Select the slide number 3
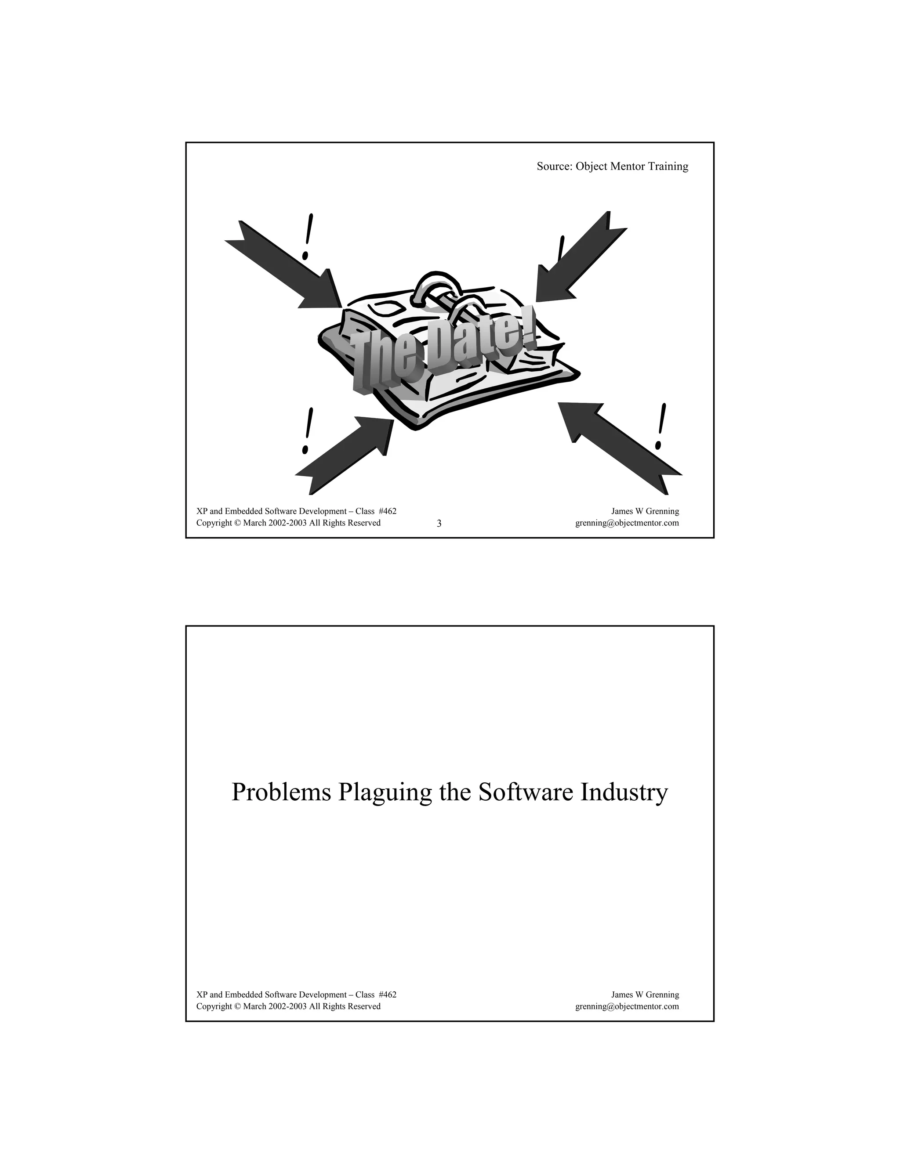click(439, 524)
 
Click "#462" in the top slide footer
click(387, 511)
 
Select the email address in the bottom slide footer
click(627, 1006)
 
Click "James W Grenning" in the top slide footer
click(645, 511)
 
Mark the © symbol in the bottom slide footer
click(237, 1006)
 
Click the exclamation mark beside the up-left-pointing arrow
click(661, 427)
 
